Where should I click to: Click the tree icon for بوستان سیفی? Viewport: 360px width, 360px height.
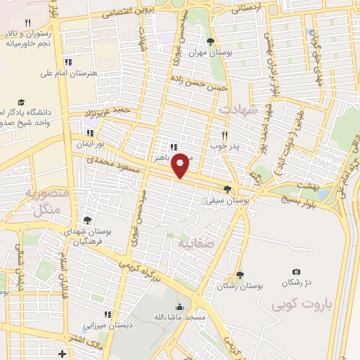pyautogui.click(x=226, y=189)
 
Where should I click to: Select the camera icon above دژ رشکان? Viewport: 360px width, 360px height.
pyautogui.click(x=296, y=272)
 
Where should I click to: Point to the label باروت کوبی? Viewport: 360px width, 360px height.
pyautogui.click(x=299, y=305)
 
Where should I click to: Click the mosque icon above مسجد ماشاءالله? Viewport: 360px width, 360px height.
pyautogui.click(x=180, y=307)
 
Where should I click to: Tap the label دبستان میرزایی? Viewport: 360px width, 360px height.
pyautogui.click(x=104, y=325)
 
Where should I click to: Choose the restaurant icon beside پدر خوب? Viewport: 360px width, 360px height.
pyautogui.click(x=225, y=134)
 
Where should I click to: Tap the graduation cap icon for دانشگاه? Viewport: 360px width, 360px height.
pyautogui.click(x=21, y=102)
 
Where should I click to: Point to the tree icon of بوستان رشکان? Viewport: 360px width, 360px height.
pyautogui.click(x=240, y=275)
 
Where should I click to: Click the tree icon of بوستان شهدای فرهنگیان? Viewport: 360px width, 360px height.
pyautogui.click(x=87, y=221)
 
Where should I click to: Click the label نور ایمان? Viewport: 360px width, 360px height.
pyautogui.click(x=90, y=143)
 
